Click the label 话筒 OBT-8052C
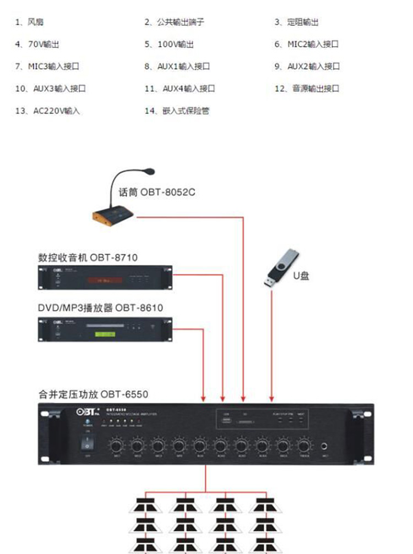pos(157,193)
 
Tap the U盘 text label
pos(301,275)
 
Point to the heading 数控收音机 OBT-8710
pos(88,257)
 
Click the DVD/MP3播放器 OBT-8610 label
pos(100,308)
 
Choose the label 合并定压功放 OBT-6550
pos(93,394)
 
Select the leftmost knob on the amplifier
pos(116,445)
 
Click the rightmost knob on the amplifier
pos(303,445)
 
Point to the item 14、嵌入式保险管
pos(177,111)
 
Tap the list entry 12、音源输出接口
pos(307,89)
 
